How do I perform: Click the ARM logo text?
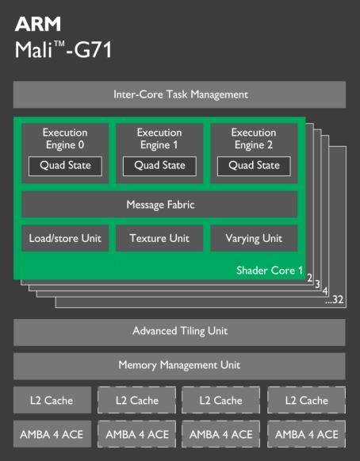pyautogui.click(x=38, y=24)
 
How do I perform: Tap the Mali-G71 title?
pyautogui.click(x=63, y=49)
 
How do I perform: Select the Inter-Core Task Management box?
pyautogui.click(x=179, y=94)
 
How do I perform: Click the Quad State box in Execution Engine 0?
pyautogui.click(x=65, y=166)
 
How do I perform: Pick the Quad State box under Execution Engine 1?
pyautogui.click(x=159, y=166)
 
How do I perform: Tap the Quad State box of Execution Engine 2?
pyautogui.click(x=254, y=166)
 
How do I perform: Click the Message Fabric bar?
pyautogui.click(x=159, y=205)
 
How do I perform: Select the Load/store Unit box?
pyautogui.click(x=65, y=239)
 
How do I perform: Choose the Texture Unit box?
pyautogui.click(x=159, y=239)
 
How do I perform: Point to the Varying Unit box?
pyautogui.click(x=254, y=239)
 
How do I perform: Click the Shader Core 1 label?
pyautogui.click(x=270, y=271)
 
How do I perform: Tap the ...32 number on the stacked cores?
pyautogui.click(x=335, y=300)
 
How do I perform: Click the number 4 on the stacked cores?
pyautogui.click(x=325, y=291)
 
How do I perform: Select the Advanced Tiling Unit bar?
pyautogui.click(x=179, y=332)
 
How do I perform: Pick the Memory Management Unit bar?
pyautogui.click(x=179, y=366)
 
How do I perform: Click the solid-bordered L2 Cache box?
pyautogui.click(x=52, y=400)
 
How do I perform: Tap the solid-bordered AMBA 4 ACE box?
pyautogui.click(x=52, y=434)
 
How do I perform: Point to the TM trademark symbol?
pyautogui.click(x=59, y=44)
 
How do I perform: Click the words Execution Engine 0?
pyautogui.click(x=65, y=139)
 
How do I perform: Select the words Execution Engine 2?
pyautogui.click(x=254, y=139)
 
